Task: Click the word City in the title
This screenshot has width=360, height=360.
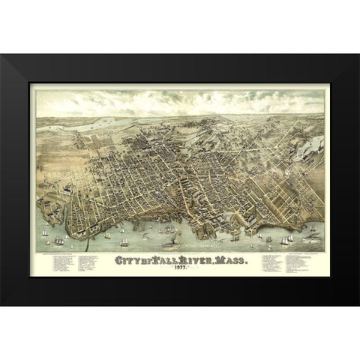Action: point(128,260)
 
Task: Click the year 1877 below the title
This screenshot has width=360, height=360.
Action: point(181,269)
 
